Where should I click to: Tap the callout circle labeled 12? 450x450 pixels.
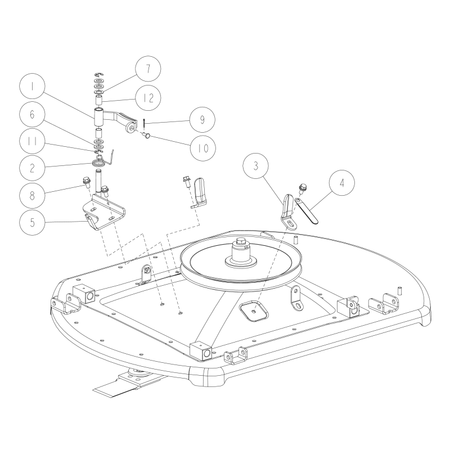pyautogui.click(x=147, y=97)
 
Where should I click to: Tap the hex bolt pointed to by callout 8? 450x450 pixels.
pyautogui.click(x=87, y=181)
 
